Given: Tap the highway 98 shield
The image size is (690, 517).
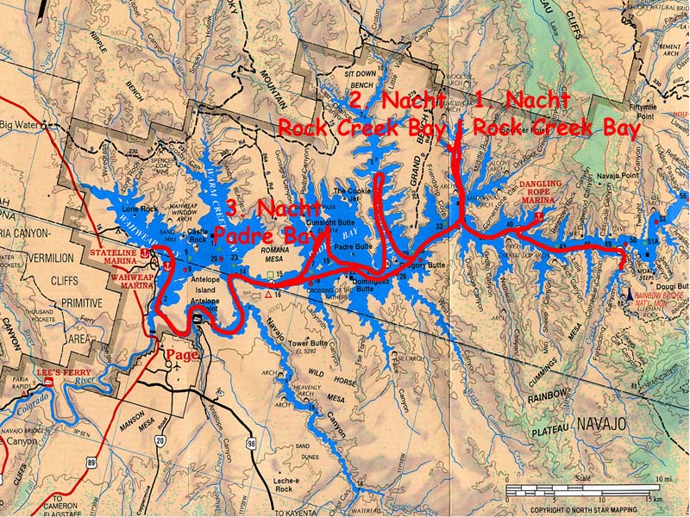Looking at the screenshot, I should tap(250, 444).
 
